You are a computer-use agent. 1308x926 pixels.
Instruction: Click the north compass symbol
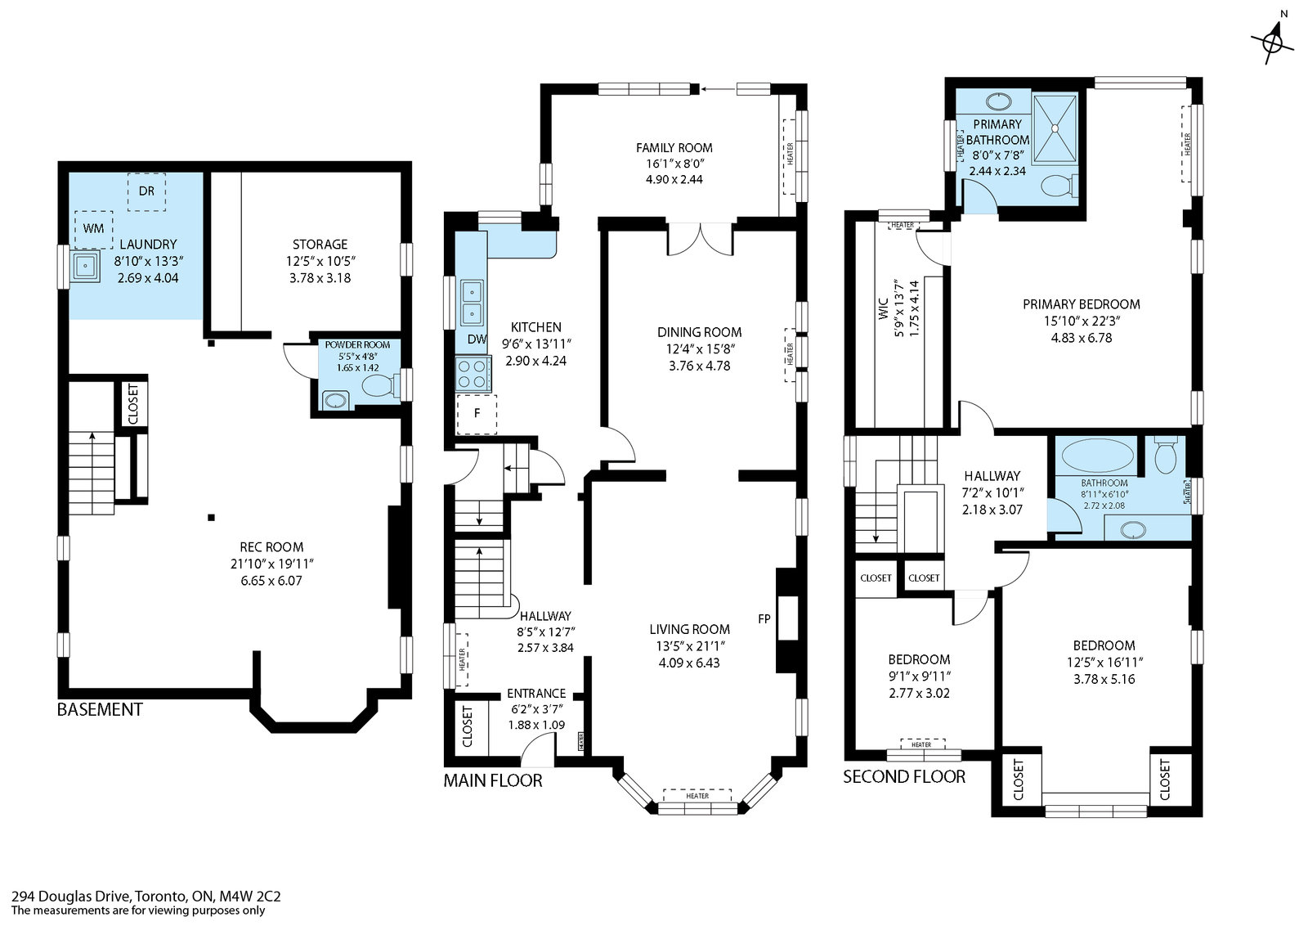[1273, 41]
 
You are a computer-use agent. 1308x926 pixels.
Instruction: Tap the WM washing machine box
[93, 229]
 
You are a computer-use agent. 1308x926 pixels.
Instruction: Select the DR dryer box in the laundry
[146, 191]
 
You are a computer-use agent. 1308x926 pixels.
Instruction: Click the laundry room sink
[86, 266]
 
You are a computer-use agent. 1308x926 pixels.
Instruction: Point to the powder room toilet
[379, 385]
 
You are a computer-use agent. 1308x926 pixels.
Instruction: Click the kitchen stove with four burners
[473, 374]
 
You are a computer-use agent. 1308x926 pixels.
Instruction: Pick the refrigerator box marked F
[477, 414]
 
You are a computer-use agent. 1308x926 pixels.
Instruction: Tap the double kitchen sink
[472, 303]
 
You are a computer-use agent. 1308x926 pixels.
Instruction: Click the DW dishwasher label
[477, 339]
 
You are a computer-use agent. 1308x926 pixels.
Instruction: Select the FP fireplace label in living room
[764, 618]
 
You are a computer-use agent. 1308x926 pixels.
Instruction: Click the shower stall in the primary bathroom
[1055, 128]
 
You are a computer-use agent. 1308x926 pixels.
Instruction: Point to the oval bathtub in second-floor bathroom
[1097, 456]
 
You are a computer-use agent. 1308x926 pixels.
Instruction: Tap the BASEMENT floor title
[100, 710]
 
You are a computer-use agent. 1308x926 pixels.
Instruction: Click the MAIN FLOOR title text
[493, 780]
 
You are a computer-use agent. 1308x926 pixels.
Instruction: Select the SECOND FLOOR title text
[904, 777]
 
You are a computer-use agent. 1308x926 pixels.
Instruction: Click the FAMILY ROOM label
[674, 148]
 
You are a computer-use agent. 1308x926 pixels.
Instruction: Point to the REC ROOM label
[271, 547]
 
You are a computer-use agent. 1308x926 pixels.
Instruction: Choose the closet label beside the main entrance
[467, 726]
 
